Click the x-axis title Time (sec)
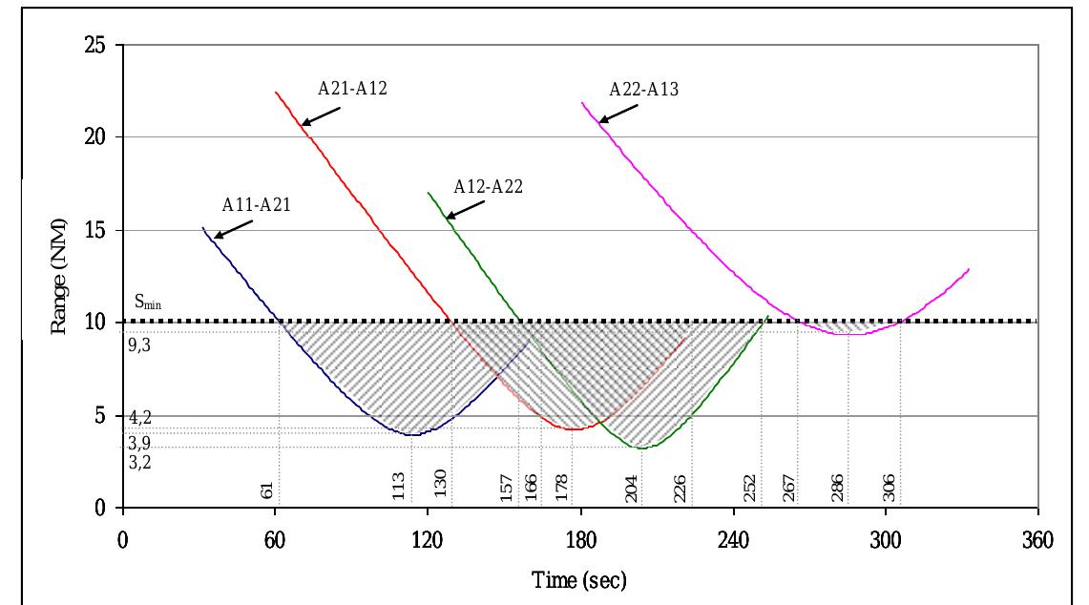(x=579, y=581)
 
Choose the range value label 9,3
(x=139, y=345)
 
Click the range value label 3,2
(x=139, y=462)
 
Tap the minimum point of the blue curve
(x=411, y=435)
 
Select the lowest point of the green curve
(x=642, y=448)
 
